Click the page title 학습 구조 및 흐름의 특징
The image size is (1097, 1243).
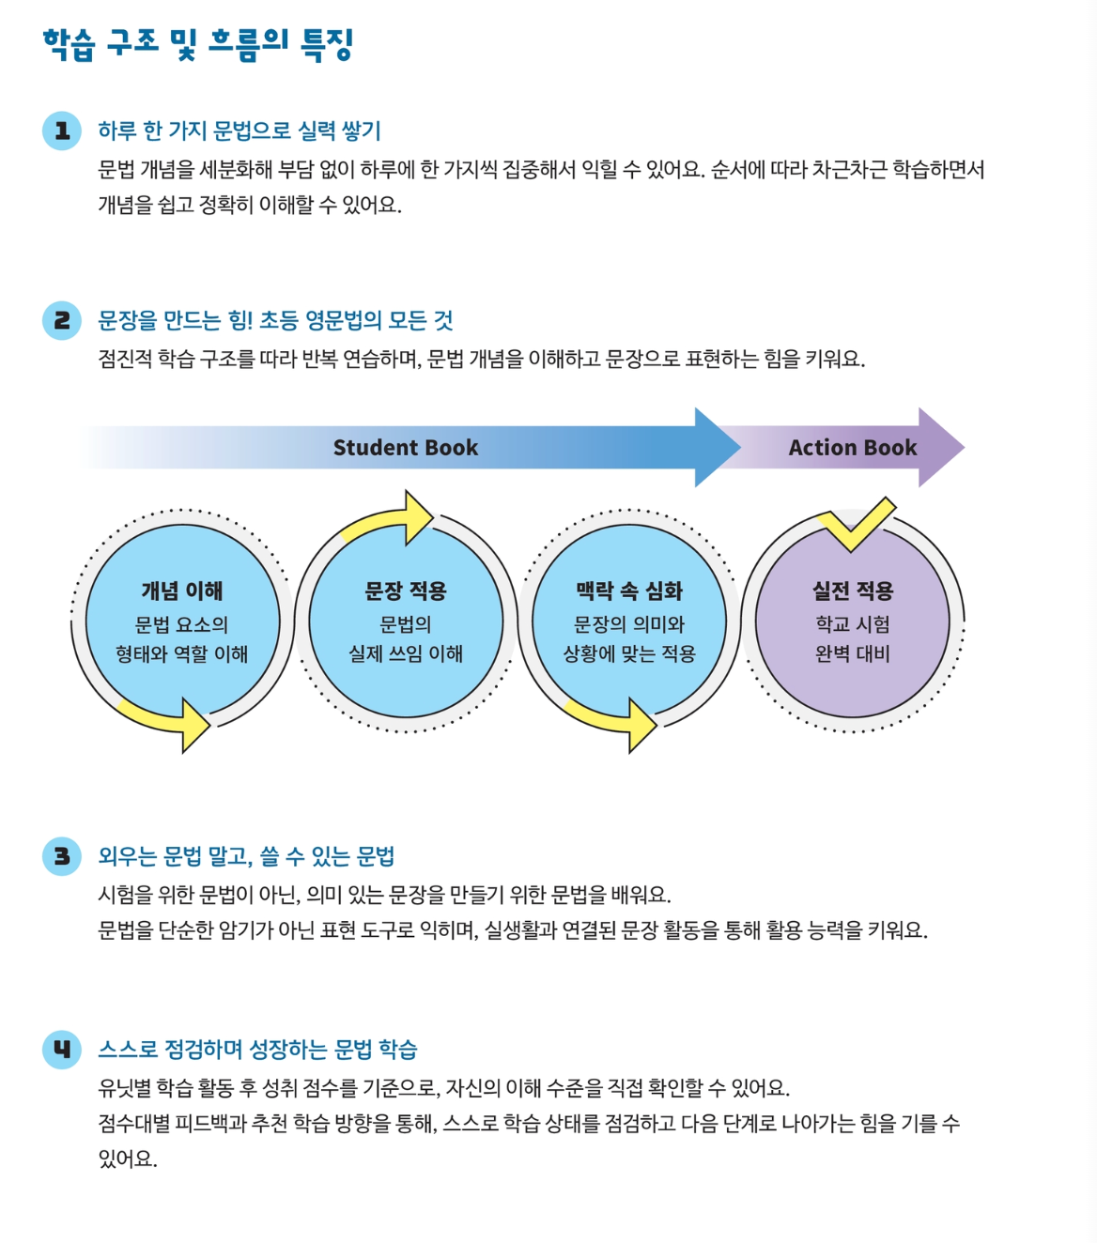(197, 44)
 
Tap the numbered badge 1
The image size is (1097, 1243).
(62, 130)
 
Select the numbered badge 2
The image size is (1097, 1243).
(62, 320)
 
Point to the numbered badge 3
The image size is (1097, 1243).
(62, 856)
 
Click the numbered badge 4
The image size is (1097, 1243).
(62, 1049)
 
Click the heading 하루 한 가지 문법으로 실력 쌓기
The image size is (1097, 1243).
(239, 130)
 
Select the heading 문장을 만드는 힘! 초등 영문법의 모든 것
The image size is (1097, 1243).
(275, 320)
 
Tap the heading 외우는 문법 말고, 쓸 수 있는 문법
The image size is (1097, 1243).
(246, 856)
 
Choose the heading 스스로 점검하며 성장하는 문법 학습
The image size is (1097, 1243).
(257, 1049)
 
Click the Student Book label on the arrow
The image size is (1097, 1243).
(406, 448)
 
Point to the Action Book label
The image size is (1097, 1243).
(852, 448)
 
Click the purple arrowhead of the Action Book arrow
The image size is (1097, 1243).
(939, 448)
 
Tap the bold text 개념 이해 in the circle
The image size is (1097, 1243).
(182, 591)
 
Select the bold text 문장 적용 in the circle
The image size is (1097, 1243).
(406, 591)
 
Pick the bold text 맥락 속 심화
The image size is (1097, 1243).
(629, 591)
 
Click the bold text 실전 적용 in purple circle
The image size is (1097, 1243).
(853, 591)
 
